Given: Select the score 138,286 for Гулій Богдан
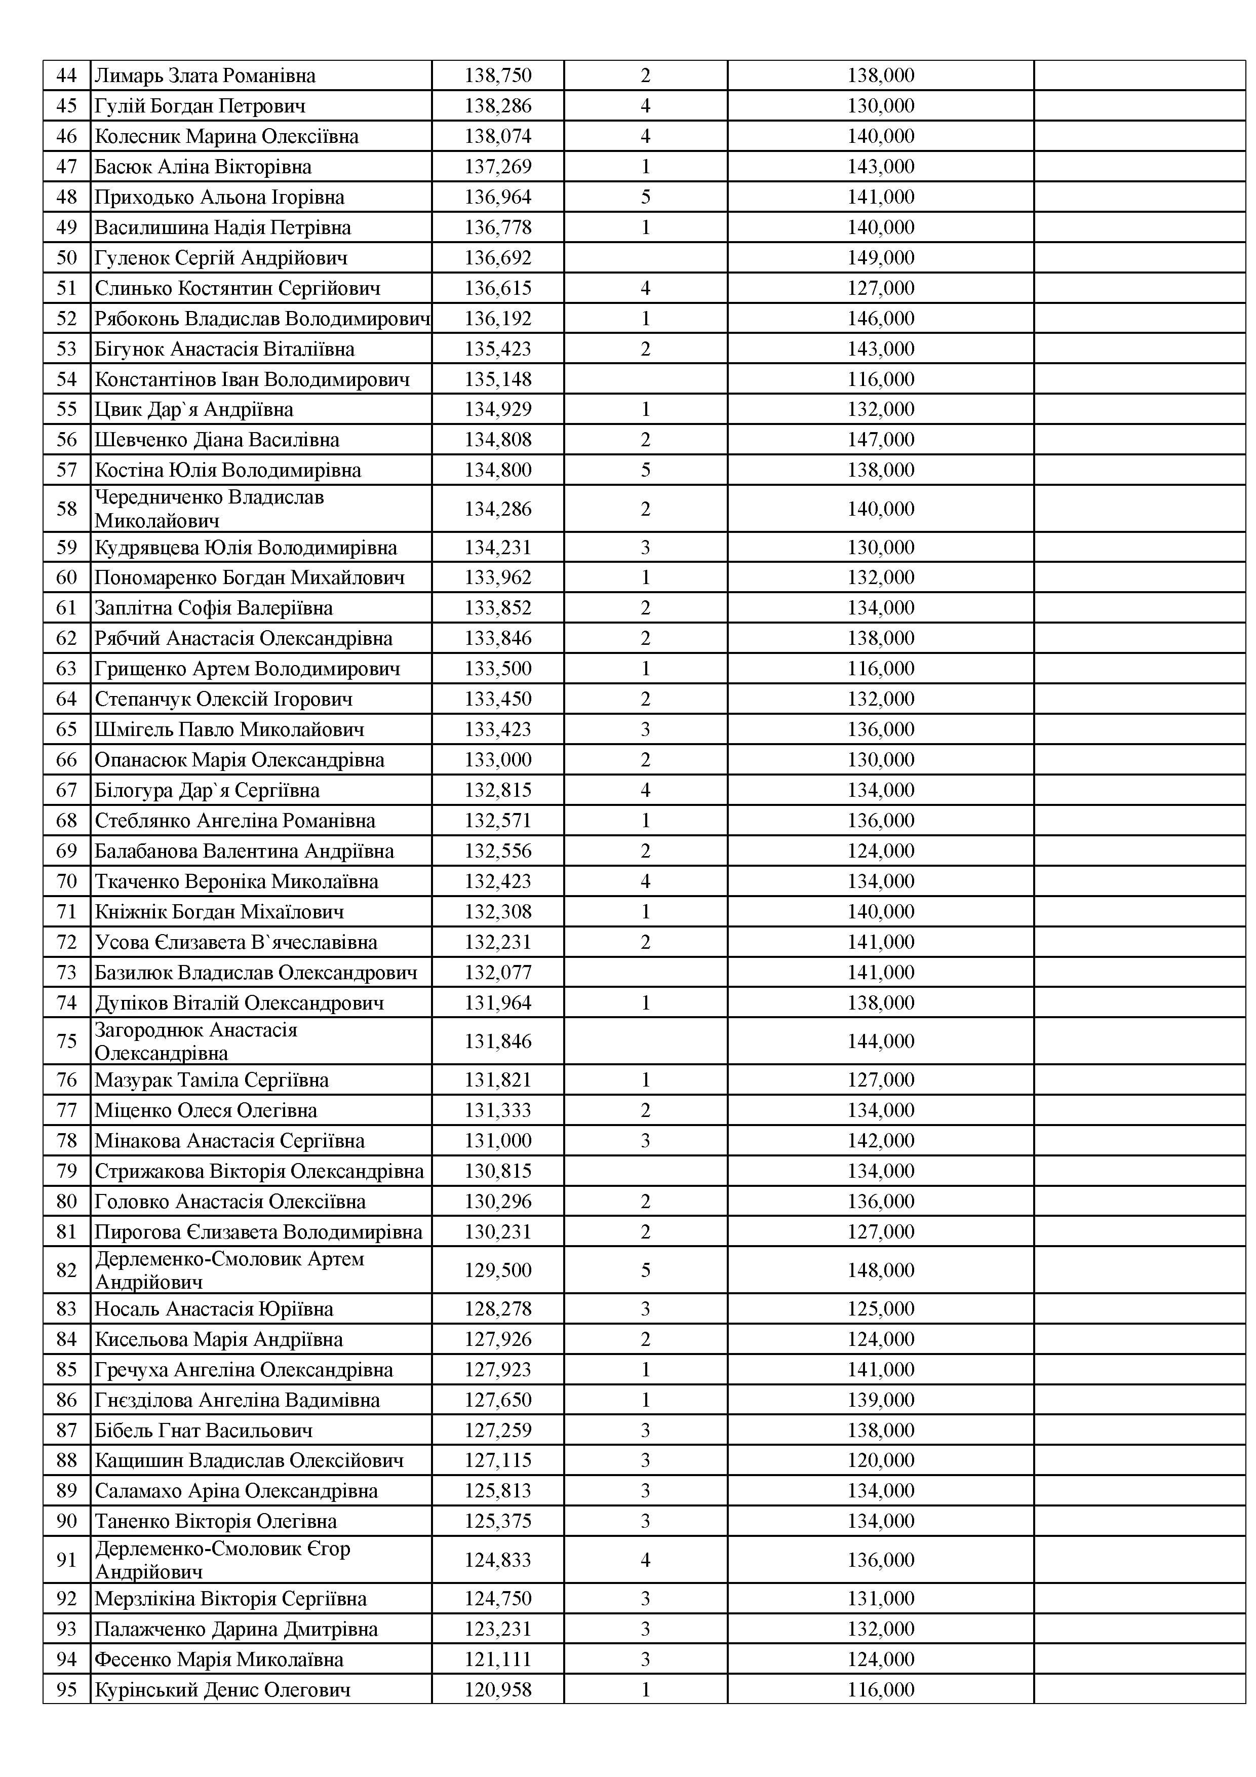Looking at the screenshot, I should pos(498,106).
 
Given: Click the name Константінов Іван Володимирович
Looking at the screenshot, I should pos(252,379).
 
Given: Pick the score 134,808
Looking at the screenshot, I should pos(498,440).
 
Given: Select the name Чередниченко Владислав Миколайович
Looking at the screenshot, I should pos(209,509).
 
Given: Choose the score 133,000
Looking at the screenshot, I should pos(498,760).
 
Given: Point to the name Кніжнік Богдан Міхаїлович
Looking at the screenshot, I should pos(219,912).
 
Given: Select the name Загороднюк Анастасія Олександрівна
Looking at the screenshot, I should pos(196,1041).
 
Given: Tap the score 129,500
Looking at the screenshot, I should pos(498,1270).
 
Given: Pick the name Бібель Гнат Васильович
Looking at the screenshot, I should pos(204,1431).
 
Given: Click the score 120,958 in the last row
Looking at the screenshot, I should pos(498,1689).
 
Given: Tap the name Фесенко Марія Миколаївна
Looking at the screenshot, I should pos(219,1659).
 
